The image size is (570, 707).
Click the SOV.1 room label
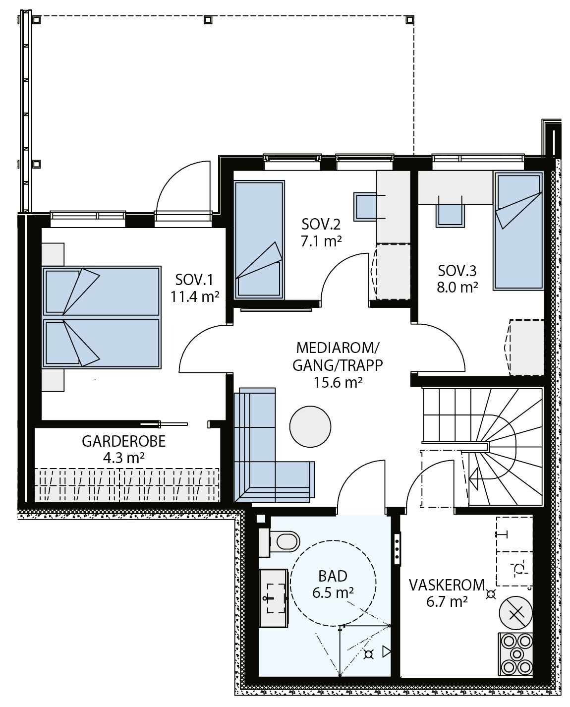click(194, 280)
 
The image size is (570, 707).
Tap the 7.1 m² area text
click(321, 241)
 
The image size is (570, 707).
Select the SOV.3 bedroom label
click(457, 271)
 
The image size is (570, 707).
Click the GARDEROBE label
click(123, 442)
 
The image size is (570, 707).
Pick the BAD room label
click(333, 576)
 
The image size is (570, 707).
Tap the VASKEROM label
click(447, 585)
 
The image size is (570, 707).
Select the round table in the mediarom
click(310, 426)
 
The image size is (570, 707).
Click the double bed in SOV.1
click(102, 317)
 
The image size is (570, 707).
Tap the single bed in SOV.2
click(259, 240)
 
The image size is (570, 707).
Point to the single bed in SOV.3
click(518, 231)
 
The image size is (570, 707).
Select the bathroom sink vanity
click(274, 599)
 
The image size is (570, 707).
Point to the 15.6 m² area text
click(338, 383)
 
